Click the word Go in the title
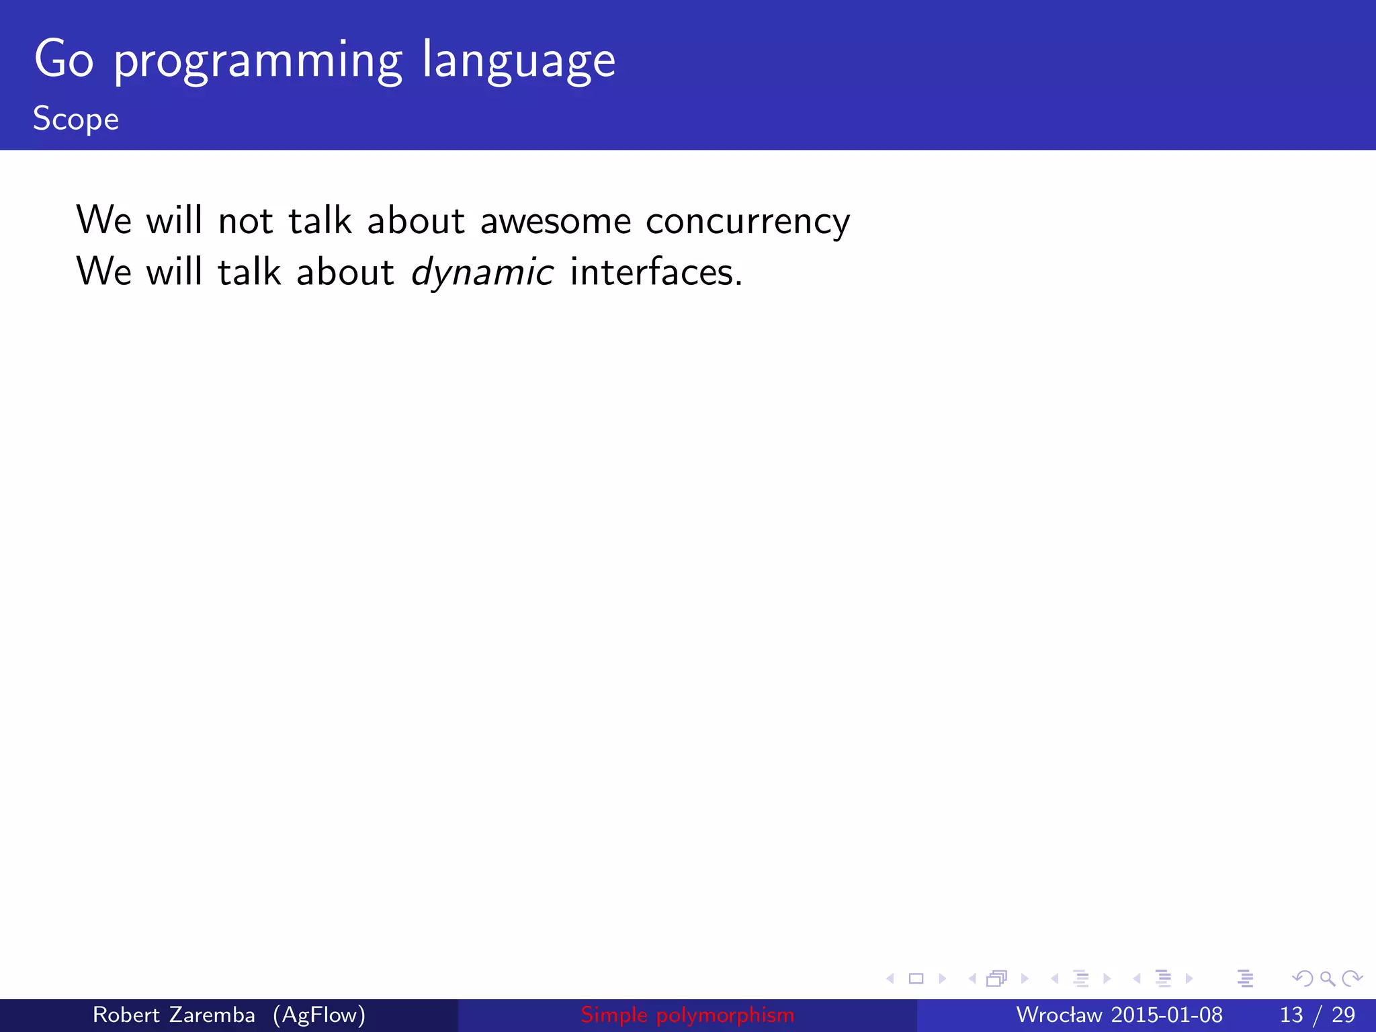tap(64, 60)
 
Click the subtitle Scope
tap(76, 120)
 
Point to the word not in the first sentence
tap(245, 221)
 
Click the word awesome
tap(556, 222)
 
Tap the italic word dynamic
tap(482, 273)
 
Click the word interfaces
tap(656, 272)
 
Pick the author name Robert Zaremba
tap(173, 1015)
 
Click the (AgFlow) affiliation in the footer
tap(319, 1015)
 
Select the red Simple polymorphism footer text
tap(687, 1015)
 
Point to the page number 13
tap(1291, 1015)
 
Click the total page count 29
tap(1343, 1015)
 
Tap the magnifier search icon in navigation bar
tap(1327, 979)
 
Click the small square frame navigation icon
tap(916, 979)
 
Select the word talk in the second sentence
tap(249, 272)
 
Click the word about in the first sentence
tap(416, 221)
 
